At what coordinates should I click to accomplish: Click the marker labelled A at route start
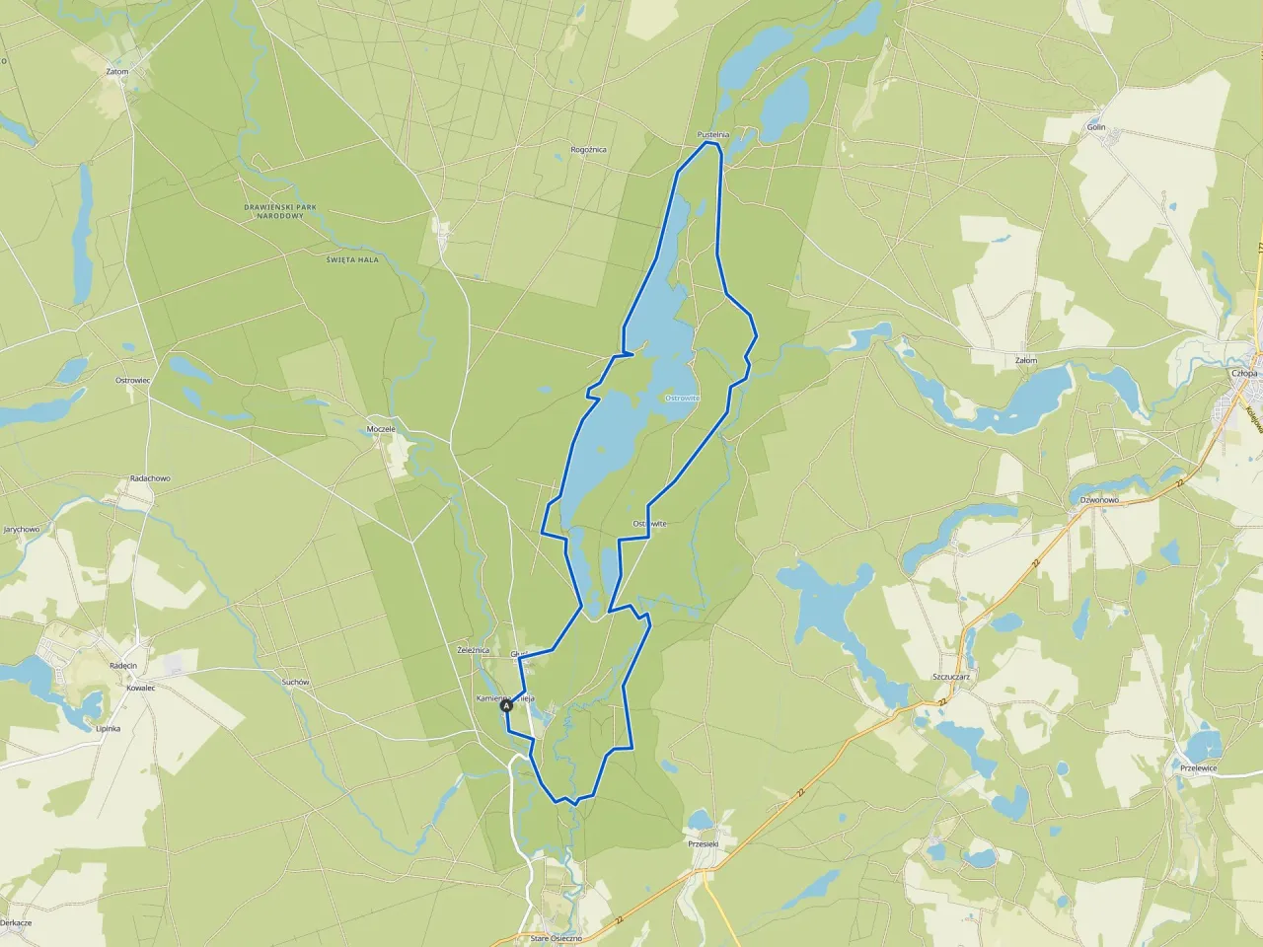pos(507,706)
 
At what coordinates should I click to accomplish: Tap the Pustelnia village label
pos(712,134)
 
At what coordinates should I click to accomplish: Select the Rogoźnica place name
pos(589,150)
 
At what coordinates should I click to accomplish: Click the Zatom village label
pos(117,71)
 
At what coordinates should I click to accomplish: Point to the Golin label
pos(1095,128)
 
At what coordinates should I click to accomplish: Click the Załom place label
pos(1026,361)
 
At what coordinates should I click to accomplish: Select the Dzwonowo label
pos(1099,500)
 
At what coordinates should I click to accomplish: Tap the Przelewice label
pos(1198,767)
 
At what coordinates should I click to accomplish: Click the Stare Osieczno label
pos(557,938)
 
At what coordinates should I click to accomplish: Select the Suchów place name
pos(296,682)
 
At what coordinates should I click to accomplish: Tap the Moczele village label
pos(381,429)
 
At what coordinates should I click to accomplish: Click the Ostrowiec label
pos(131,380)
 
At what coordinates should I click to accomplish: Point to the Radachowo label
pos(150,478)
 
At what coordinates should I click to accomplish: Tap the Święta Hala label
pos(352,258)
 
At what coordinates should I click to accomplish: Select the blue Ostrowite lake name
pos(683,398)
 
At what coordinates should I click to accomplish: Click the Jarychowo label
pos(22,529)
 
